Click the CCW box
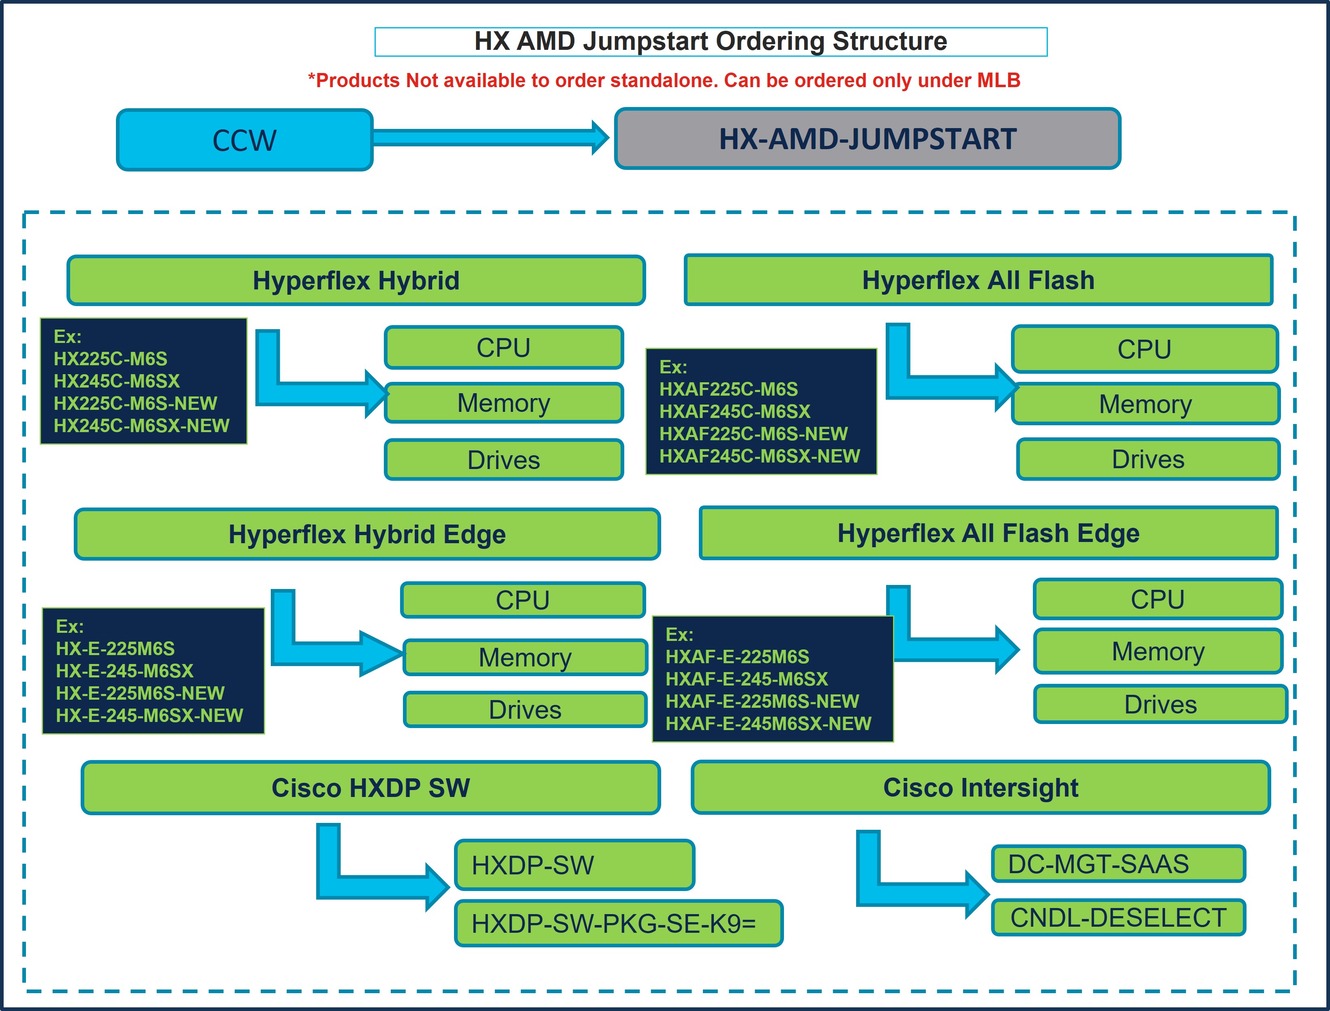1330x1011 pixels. [244, 140]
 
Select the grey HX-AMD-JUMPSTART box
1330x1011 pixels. [867, 139]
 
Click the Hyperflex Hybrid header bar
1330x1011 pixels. [356, 281]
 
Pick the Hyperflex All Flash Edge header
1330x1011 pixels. [988, 533]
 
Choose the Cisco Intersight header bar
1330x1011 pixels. [980, 788]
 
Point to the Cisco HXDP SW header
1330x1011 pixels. [371, 788]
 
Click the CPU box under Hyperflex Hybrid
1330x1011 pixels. [504, 347]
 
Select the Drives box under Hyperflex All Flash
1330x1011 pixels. [1148, 459]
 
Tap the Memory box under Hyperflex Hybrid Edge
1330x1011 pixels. [525, 657]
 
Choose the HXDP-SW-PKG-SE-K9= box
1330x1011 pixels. [618, 923]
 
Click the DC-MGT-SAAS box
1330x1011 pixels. [1118, 863]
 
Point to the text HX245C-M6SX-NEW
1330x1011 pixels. [141, 426]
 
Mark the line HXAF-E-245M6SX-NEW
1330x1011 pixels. [768, 723]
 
